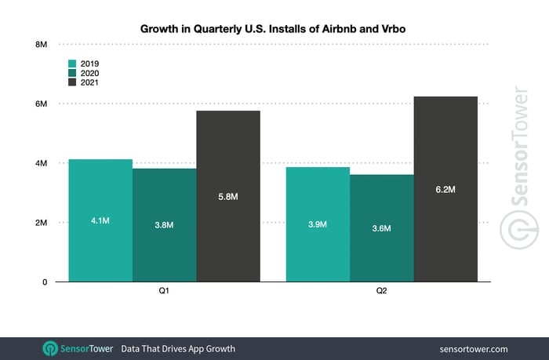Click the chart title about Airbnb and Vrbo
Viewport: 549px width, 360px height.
pyautogui.click(x=274, y=28)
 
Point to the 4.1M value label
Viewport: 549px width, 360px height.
pyautogui.click(x=100, y=221)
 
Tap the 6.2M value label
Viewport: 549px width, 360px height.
pyautogui.click(x=445, y=190)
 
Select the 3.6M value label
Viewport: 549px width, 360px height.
pyautogui.click(x=381, y=228)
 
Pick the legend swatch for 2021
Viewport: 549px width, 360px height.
pyautogui.click(x=71, y=82)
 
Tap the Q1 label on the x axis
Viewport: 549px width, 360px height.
pyautogui.click(x=164, y=291)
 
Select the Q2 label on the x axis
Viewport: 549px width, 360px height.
pyautogui.click(x=381, y=291)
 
